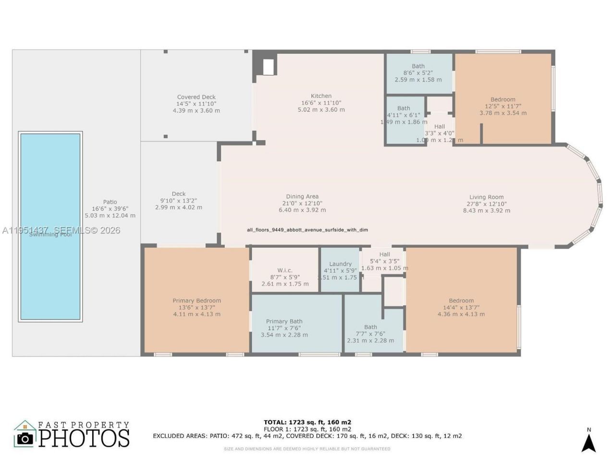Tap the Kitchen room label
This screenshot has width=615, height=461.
click(x=321, y=96)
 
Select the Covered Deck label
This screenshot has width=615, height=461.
click(x=196, y=97)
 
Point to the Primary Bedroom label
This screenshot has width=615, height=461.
click(x=197, y=301)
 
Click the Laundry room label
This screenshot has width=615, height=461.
click(x=340, y=264)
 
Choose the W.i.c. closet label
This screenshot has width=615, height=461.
click(x=284, y=271)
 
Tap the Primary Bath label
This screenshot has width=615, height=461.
click(x=284, y=322)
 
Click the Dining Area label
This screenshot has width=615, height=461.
click(x=302, y=196)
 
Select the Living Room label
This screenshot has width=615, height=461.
click(x=486, y=197)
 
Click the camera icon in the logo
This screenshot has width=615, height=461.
click(x=25, y=438)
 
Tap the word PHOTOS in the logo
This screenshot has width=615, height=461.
click(x=84, y=438)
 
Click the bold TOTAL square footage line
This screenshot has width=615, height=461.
click(x=307, y=423)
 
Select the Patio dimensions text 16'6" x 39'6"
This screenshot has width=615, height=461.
click(x=110, y=209)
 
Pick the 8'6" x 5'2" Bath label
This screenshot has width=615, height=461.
click(x=418, y=73)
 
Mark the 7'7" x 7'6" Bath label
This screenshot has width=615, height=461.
click(x=370, y=334)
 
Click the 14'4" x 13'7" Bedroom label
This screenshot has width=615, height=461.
click(x=461, y=307)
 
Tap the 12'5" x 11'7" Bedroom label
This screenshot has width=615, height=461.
click(x=503, y=106)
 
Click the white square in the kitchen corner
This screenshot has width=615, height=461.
click(x=269, y=67)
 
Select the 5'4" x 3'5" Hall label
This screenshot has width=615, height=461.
click(x=384, y=261)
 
